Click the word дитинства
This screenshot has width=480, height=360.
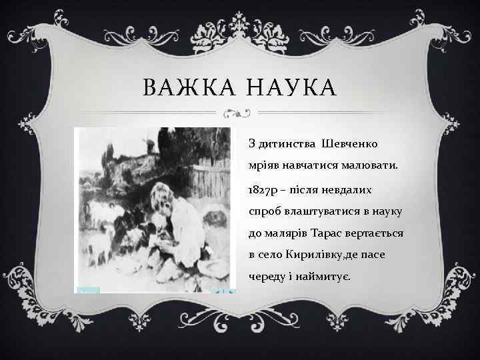click(x=286, y=143)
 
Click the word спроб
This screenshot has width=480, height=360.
click(x=264, y=212)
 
